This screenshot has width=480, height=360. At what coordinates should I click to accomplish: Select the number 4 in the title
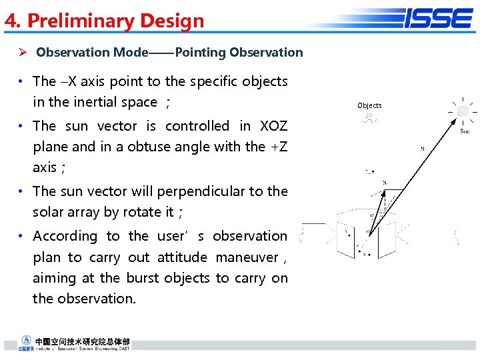(10, 21)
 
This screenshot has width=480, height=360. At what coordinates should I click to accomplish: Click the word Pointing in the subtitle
(200, 52)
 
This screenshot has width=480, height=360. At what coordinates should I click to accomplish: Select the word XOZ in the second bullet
(273, 125)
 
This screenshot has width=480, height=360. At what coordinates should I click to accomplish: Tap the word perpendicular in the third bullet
(201, 191)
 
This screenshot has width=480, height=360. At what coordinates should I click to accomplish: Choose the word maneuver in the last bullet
(247, 257)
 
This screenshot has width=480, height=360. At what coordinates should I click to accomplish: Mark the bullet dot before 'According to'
(22, 236)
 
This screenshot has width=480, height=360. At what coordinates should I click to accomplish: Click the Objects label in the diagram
(369, 105)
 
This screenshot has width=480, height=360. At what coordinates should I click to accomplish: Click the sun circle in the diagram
(463, 111)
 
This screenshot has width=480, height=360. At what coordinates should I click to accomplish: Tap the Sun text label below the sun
(465, 131)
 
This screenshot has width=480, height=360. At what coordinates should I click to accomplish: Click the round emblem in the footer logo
(27, 340)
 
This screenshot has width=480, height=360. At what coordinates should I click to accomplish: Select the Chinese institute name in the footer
(83, 341)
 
